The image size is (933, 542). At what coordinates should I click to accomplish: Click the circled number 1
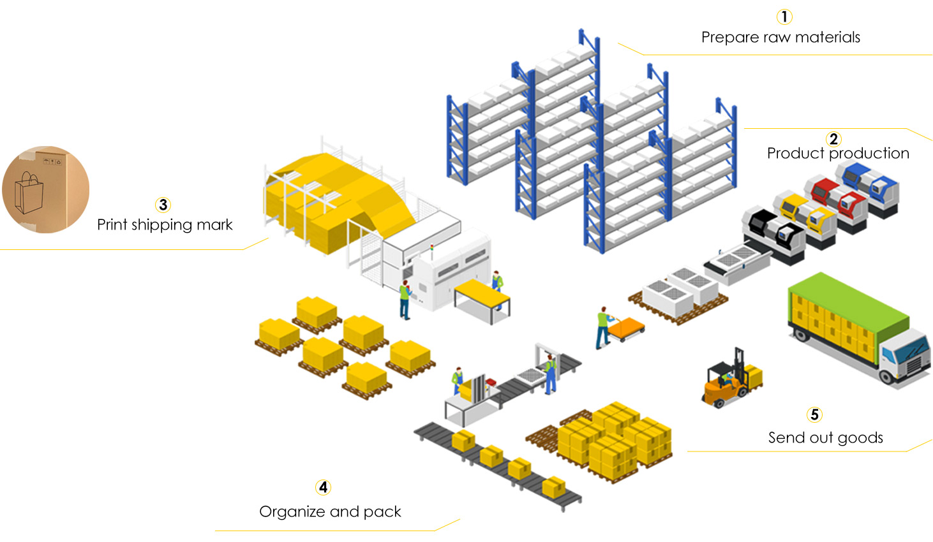pyautogui.click(x=784, y=17)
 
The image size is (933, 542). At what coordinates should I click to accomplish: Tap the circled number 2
pyautogui.click(x=833, y=139)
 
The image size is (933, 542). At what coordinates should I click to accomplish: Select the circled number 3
pyautogui.click(x=163, y=205)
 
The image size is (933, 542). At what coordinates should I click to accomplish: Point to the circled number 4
pyautogui.click(x=323, y=488)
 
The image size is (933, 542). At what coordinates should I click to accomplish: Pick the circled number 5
pyautogui.click(x=814, y=415)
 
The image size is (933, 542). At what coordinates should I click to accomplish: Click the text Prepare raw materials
pyautogui.click(x=780, y=38)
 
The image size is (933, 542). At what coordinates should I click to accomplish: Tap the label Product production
pyautogui.click(x=838, y=154)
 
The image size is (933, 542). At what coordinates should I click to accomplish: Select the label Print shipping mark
pyautogui.click(x=165, y=225)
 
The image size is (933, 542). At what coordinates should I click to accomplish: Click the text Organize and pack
pyautogui.click(x=330, y=512)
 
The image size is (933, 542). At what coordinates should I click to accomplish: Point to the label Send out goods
pyautogui.click(x=825, y=438)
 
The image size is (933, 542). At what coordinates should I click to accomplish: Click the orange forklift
pyautogui.click(x=728, y=383)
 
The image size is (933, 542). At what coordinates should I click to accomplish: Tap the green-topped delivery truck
pyautogui.click(x=855, y=328)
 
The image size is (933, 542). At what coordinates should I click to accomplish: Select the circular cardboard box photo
pyautogui.click(x=45, y=189)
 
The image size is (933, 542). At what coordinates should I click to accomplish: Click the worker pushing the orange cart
pyautogui.click(x=602, y=327)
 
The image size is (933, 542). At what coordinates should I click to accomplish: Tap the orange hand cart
pyautogui.click(x=626, y=328)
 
